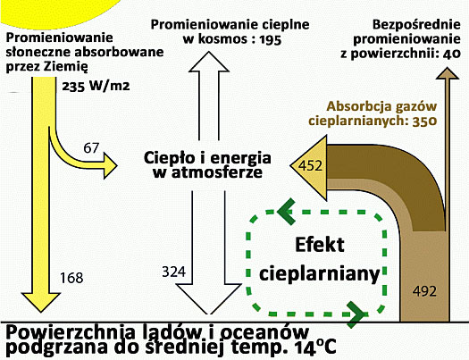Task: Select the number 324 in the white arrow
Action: (x=177, y=270)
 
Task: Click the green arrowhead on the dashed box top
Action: (x=287, y=212)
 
